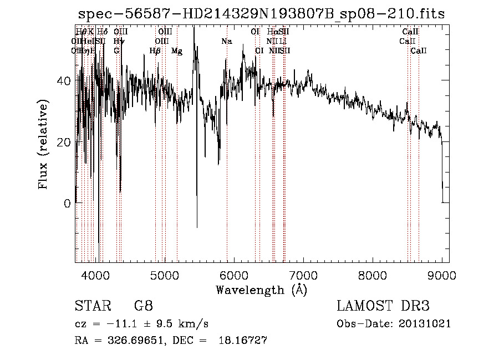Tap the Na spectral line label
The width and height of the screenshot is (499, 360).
pyautogui.click(x=226, y=42)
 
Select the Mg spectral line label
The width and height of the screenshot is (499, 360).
pyautogui.click(x=177, y=51)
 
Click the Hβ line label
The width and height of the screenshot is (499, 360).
pyautogui.click(x=155, y=51)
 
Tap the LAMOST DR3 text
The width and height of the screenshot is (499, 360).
pyautogui.click(x=383, y=306)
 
